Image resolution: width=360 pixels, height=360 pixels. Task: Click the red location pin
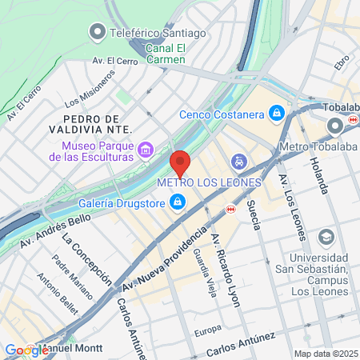(180, 163)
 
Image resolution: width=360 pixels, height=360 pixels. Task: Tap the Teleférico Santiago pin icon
(97, 33)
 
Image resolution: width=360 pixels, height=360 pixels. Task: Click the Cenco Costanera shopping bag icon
(277, 113)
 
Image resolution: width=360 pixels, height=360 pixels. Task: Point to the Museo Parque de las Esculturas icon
(146, 150)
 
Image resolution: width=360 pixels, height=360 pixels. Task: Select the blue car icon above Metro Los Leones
(238, 162)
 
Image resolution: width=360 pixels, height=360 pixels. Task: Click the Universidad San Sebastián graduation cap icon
(326, 238)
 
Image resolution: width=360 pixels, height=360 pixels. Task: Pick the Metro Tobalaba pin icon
(334, 126)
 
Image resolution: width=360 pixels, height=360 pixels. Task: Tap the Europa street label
(207, 330)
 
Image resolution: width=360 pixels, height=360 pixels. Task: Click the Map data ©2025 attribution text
(324, 354)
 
